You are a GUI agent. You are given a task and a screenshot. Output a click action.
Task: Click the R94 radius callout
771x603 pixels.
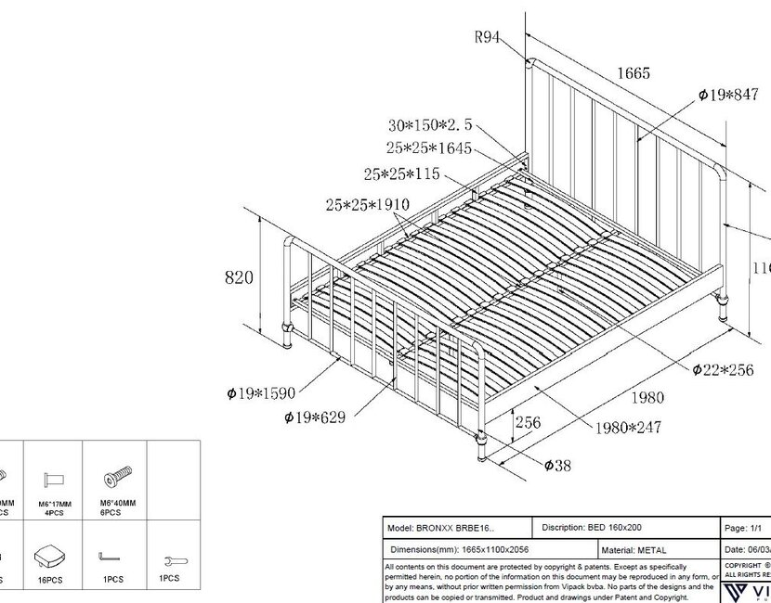488,38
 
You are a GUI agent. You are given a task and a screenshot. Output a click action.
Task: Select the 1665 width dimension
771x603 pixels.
632,73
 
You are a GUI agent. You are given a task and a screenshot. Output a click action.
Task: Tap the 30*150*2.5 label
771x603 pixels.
431,124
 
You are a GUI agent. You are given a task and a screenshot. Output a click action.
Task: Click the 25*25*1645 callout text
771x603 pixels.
431,148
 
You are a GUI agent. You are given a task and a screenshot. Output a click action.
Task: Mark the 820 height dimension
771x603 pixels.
239,276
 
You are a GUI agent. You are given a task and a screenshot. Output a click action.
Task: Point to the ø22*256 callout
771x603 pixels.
723,370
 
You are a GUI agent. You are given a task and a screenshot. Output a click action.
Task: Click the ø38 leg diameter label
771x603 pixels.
557,466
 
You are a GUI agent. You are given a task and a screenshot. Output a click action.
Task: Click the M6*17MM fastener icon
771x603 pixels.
54,479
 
